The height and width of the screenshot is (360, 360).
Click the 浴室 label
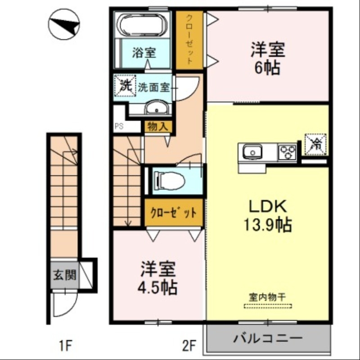pyautogui.click(x=144, y=53)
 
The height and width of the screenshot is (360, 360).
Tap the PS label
pyautogui.click(x=119, y=126)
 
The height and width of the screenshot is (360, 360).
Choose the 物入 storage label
pyautogui.click(x=157, y=127)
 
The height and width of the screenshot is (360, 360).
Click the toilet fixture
pyautogui.click(x=169, y=180)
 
